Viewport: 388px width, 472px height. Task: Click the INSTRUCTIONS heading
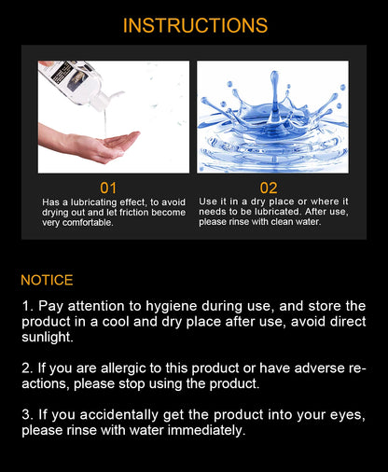[x=195, y=25]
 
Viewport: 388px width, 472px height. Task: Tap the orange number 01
[x=108, y=188]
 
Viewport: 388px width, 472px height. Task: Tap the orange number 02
[x=269, y=188]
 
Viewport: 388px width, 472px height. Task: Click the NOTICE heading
[x=47, y=280]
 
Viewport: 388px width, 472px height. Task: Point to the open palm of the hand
[x=119, y=142]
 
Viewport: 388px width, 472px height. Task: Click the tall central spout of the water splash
[x=274, y=93]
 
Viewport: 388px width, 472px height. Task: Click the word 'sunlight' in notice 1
[x=47, y=338]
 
